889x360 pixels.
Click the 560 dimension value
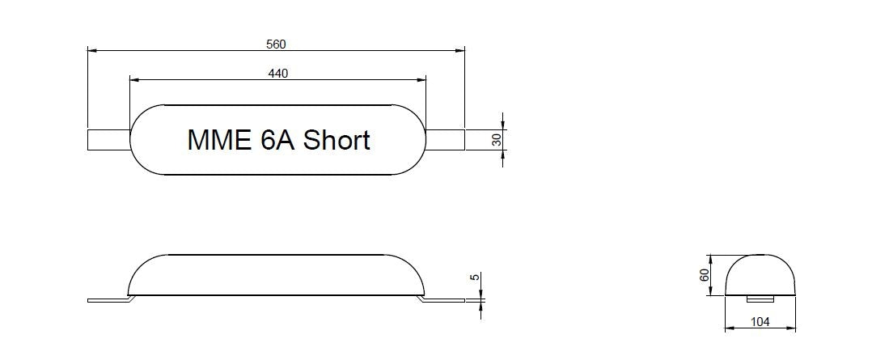(276, 44)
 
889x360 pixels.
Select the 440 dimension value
(277, 73)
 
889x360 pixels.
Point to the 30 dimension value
(497, 140)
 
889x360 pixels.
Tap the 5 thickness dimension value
(476, 277)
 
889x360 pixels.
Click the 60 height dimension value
(705, 275)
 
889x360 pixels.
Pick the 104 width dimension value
(760, 322)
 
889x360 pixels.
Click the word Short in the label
(337, 139)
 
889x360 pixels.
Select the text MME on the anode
(219, 140)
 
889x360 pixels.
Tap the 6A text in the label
(277, 140)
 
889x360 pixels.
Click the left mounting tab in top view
(109, 140)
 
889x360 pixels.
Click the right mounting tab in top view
(445, 140)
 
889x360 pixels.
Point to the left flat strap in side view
(111, 299)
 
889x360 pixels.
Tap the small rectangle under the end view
(760, 299)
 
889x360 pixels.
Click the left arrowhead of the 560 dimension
(92, 50)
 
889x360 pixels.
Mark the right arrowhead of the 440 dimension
(421, 80)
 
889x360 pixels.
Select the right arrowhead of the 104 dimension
(791, 328)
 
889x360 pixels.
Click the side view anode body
(276, 275)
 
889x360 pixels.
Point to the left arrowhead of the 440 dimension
(134, 80)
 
